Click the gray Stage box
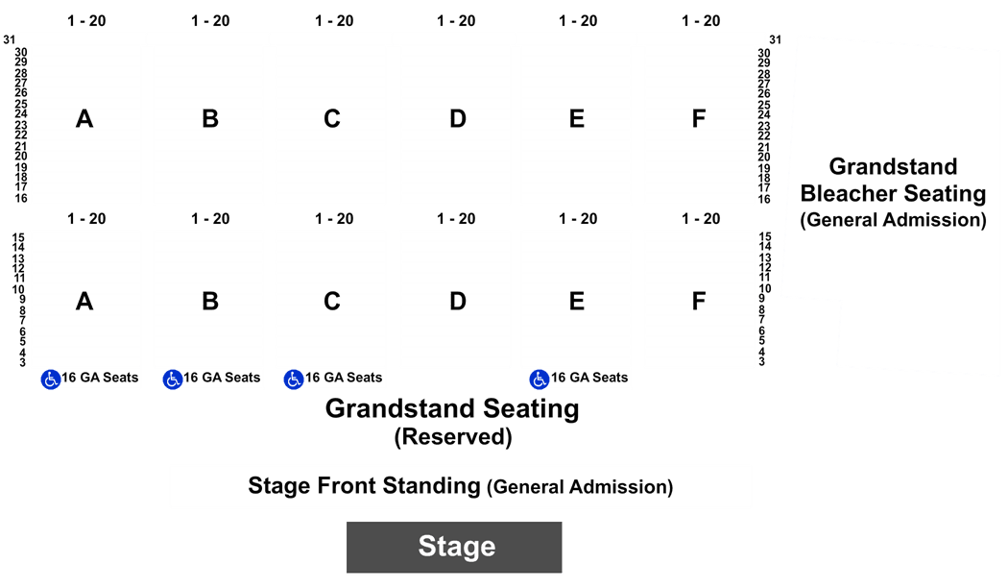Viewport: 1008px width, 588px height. coord(454,547)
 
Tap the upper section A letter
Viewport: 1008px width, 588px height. coord(84,119)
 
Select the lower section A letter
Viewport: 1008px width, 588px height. coord(84,301)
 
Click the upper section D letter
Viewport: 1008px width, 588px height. coord(458,119)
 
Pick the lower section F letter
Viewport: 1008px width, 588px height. coord(699,301)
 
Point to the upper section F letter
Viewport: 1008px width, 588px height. coord(699,119)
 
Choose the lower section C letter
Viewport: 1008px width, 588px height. coord(332,301)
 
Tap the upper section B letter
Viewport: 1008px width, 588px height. coord(210,119)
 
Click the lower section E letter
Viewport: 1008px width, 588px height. coord(577,301)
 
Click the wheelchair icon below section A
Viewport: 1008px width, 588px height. coord(51,380)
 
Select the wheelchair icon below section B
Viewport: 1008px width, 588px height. coord(172,380)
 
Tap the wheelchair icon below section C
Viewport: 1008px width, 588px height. coord(294,380)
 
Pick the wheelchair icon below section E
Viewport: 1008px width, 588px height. coord(540,380)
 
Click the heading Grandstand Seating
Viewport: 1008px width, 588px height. coord(452,409)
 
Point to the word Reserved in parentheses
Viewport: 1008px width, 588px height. coord(453,437)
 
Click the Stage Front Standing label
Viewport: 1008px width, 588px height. coord(364,486)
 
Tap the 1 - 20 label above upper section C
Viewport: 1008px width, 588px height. coord(334,21)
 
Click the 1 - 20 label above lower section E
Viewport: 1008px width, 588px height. coord(578,219)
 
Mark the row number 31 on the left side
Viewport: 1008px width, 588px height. coord(9,40)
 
